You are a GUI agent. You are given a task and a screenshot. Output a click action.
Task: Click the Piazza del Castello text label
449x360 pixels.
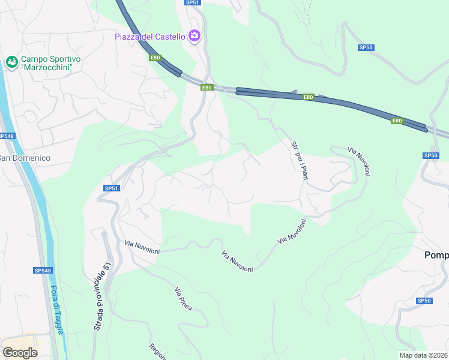pyautogui.click(x=150, y=37)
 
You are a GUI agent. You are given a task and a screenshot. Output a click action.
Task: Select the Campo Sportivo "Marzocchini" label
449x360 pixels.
pyautogui.click(x=51, y=63)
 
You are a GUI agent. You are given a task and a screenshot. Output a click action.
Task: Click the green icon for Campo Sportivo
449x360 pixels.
pyautogui.click(x=11, y=62)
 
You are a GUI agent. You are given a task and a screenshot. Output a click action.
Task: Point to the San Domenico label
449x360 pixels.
pyautogui.click(x=25, y=158)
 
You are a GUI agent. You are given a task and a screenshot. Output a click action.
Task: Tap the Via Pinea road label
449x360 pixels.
pyautogui.click(x=183, y=299)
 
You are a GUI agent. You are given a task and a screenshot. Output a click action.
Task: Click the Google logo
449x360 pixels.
pyautogui.click(x=20, y=353)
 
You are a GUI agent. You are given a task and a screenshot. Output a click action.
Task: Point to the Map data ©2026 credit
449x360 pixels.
pyautogui.click(x=423, y=355)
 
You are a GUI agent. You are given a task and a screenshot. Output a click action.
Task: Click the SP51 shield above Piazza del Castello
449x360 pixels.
pyautogui.click(x=192, y=2)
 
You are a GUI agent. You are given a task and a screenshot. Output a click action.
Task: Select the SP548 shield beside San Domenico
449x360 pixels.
pyautogui.click(x=5, y=136)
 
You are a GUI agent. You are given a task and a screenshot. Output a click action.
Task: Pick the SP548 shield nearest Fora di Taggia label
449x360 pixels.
pyautogui.click(x=42, y=271)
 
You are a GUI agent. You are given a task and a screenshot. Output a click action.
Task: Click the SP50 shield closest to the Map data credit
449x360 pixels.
pyautogui.click(x=424, y=301)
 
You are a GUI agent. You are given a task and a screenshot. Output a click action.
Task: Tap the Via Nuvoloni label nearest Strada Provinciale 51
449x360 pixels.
pyautogui.click(x=142, y=247)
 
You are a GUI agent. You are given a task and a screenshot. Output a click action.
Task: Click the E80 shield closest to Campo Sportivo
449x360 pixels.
pyautogui.click(x=155, y=58)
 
